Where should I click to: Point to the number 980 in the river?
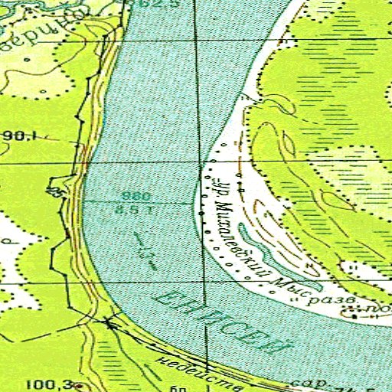[129, 195]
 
